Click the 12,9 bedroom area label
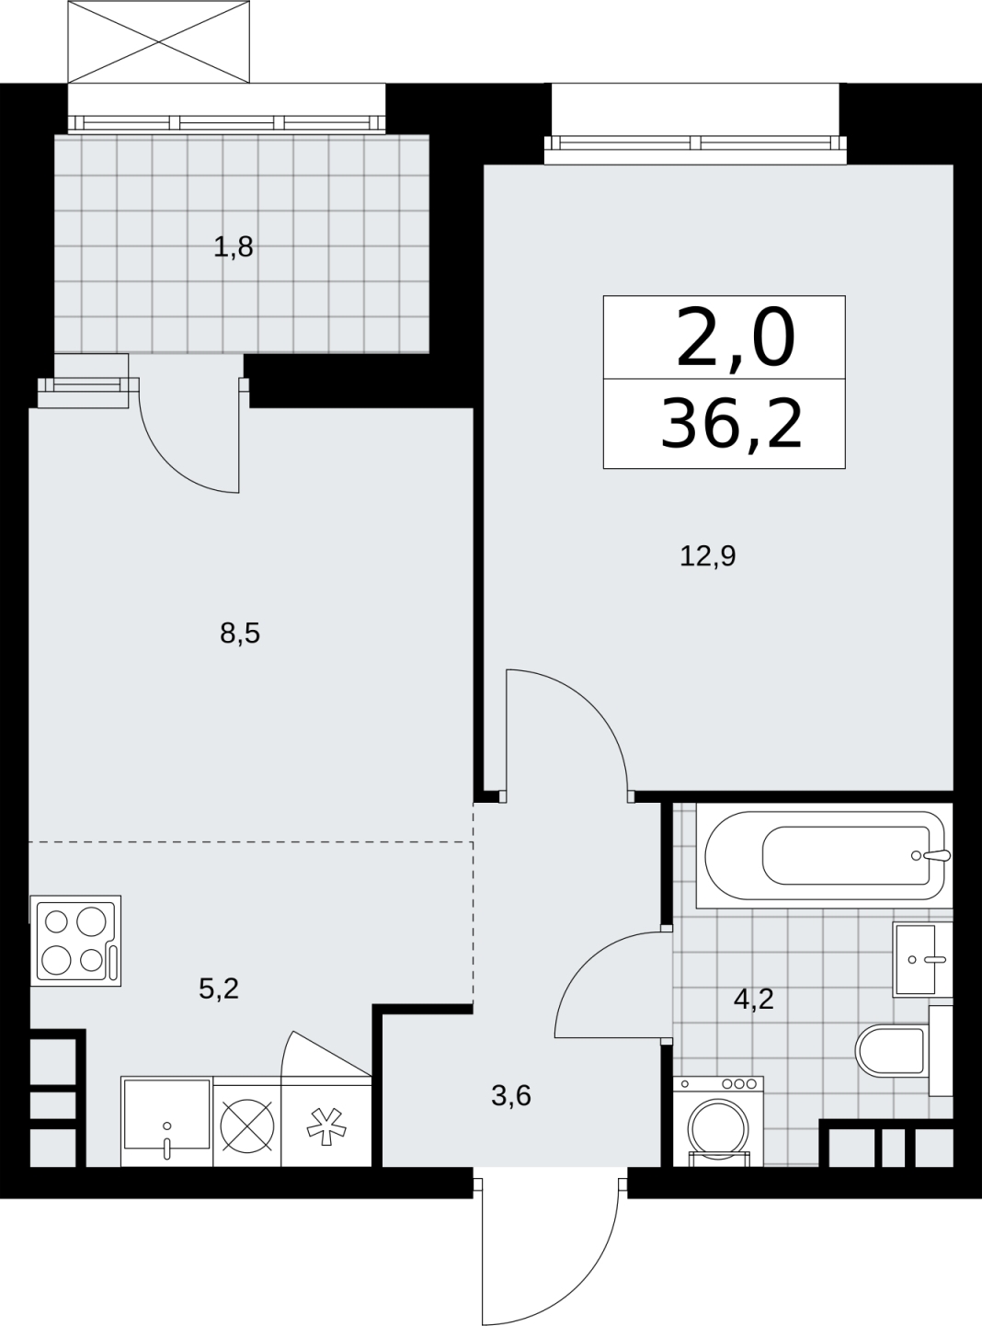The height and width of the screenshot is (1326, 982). [707, 556]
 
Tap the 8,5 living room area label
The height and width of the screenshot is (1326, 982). [240, 633]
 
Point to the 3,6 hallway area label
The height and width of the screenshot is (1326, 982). [511, 1096]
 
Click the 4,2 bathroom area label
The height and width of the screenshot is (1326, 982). [754, 999]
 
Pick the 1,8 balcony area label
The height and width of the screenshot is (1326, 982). [234, 247]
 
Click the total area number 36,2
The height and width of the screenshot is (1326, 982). [731, 425]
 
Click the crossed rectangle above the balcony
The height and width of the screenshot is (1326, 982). [158, 42]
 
